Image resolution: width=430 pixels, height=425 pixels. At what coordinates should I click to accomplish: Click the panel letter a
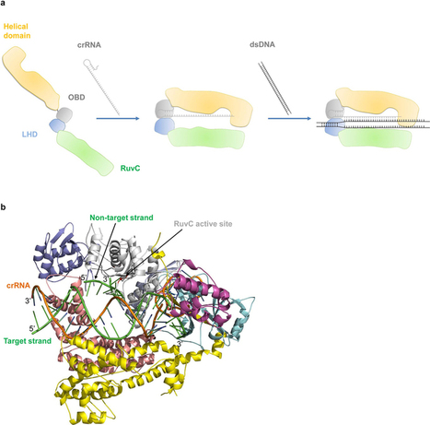(3, 3)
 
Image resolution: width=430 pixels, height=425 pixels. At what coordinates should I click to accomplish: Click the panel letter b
(3, 207)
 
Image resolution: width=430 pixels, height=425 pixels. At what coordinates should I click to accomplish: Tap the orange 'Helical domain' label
(17, 31)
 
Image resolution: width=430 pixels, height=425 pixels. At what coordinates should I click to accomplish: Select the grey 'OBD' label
(76, 97)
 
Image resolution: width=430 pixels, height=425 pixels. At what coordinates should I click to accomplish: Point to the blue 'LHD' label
(29, 135)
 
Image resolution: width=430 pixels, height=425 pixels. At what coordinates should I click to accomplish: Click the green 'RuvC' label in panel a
(130, 168)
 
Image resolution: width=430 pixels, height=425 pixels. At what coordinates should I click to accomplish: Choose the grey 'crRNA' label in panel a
(89, 45)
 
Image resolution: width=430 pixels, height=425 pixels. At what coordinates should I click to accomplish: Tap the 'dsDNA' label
(262, 44)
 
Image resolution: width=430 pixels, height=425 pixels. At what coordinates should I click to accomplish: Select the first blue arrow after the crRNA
(118, 118)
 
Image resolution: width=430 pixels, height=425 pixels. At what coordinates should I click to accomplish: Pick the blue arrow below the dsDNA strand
(289, 118)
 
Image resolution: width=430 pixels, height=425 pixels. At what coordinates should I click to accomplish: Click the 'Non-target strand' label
(122, 218)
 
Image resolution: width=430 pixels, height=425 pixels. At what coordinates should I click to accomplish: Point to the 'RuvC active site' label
(203, 224)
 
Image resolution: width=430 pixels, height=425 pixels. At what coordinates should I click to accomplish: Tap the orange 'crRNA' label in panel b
(18, 286)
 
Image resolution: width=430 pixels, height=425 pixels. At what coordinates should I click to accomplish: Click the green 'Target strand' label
(28, 341)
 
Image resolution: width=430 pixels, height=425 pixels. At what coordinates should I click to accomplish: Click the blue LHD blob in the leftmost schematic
(57, 125)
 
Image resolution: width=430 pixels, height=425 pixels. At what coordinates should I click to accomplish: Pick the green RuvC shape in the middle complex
(206, 137)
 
